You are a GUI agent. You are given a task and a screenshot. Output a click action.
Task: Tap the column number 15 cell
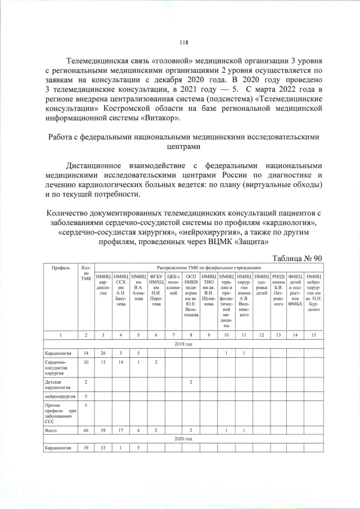pos(313,335)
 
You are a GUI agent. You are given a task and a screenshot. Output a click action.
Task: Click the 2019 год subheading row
pos(183,343)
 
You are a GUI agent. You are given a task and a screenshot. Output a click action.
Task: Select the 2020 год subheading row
pos(183,438)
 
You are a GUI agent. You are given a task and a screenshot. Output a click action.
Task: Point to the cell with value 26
pos(103,353)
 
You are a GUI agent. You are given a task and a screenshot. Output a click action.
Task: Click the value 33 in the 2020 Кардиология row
pos(103,447)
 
